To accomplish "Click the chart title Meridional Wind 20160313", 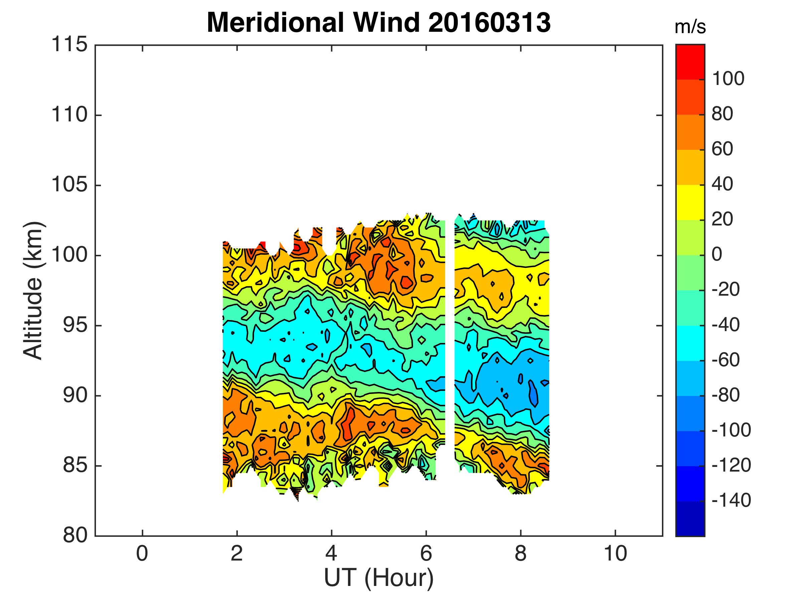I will click(379, 22).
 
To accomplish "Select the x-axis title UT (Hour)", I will click(379, 578).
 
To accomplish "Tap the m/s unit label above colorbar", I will click(690, 27).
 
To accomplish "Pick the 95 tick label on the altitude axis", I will click(75, 325).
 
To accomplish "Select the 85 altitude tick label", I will click(75, 466).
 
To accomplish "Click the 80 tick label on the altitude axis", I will click(75, 535).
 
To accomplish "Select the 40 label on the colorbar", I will click(722, 184).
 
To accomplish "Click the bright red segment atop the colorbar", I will click(690, 62).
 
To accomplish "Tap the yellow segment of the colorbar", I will click(690, 202).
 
